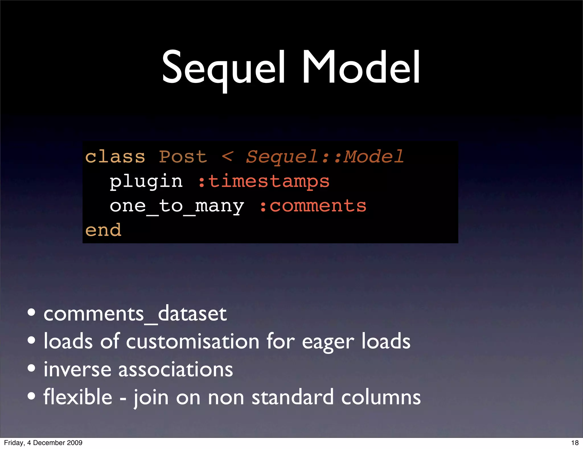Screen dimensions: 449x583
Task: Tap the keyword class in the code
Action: coord(115,157)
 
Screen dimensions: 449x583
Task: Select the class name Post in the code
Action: coord(183,157)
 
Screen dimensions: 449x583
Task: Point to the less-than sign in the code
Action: coord(227,157)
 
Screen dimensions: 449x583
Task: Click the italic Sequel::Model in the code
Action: coord(325,157)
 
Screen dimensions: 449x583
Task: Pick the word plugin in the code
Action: coord(146,181)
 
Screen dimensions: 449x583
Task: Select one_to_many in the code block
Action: coord(177,206)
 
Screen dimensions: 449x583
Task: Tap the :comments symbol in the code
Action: coord(313,206)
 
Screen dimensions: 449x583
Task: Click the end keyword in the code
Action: coord(103,230)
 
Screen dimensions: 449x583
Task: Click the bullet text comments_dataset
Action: coord(135,314)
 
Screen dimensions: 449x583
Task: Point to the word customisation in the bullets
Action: coord(192,341)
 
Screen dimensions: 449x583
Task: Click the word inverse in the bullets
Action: coord(77,369)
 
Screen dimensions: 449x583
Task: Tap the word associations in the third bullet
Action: coord(175,369)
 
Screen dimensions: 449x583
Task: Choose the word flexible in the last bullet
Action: coord(78,397)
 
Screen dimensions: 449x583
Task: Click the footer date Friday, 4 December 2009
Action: coord(43,443)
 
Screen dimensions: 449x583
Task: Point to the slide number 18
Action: coord(575,443)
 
